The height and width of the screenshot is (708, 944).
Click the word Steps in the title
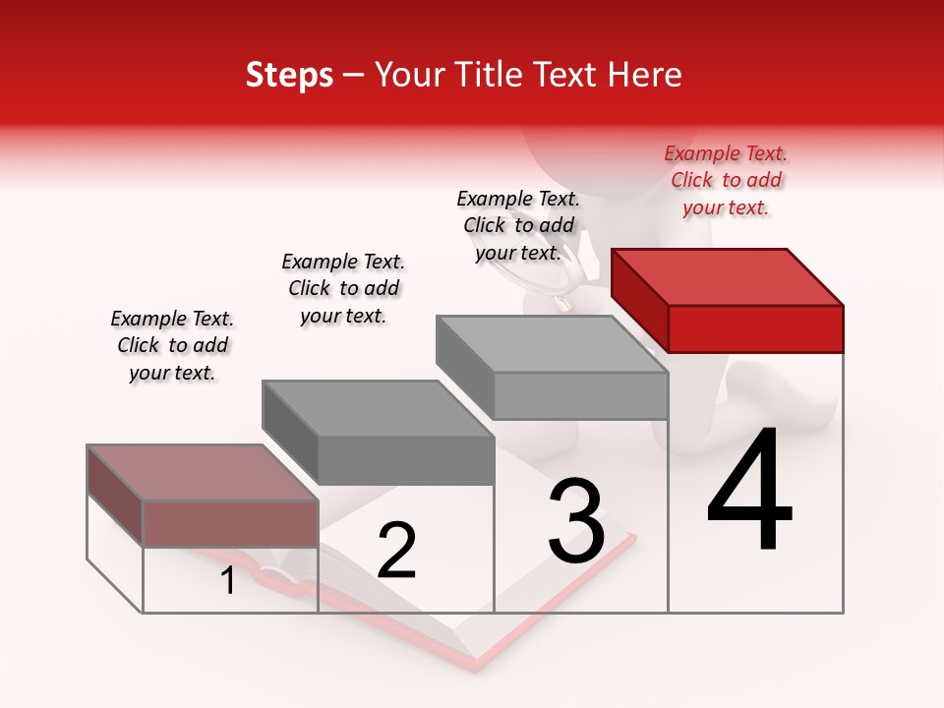[x=289, y=75]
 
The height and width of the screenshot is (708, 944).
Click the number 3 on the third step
[x=576, y=521]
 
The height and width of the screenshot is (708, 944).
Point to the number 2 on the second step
[x=396, y=551]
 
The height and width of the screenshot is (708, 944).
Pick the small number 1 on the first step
[x=228, y=581]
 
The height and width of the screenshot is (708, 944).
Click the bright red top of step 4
[x=728, y=276]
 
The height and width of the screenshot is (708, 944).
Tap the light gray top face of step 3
[x=552, y=344]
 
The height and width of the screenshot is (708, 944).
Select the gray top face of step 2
[x=378, y=409]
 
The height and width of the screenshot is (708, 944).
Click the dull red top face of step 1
[x=203, y=473]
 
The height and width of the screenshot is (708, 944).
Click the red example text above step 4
[x=726, y=181]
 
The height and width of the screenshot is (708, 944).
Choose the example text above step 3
[x=518, y=226]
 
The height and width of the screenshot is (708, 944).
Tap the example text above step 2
[x=343, y=288]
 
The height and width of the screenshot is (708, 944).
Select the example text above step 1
[x=172, y=345]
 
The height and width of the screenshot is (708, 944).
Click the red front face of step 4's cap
[x=755, y=328]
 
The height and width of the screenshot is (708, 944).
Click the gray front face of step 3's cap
[x=580, y=395]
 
